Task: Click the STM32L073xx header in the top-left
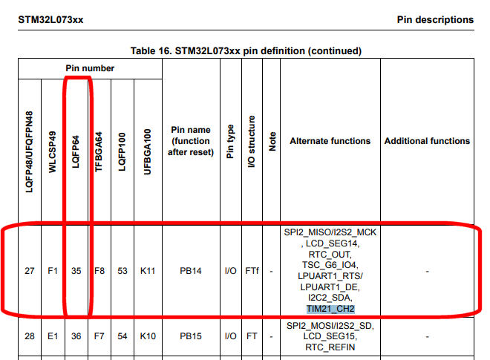[50, 19]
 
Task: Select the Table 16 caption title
[246, 51]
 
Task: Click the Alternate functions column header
[330, 141]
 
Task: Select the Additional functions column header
[427, 141]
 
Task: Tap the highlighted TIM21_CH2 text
[330, 308]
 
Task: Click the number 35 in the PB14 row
[76, 272]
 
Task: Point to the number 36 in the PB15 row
[76, 336]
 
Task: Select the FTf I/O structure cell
[252, 272]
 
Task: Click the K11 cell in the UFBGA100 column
[148, 272]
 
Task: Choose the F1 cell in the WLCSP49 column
[52, 272]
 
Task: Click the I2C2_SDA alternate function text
[330, 298]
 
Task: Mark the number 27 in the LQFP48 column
[29, 272]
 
